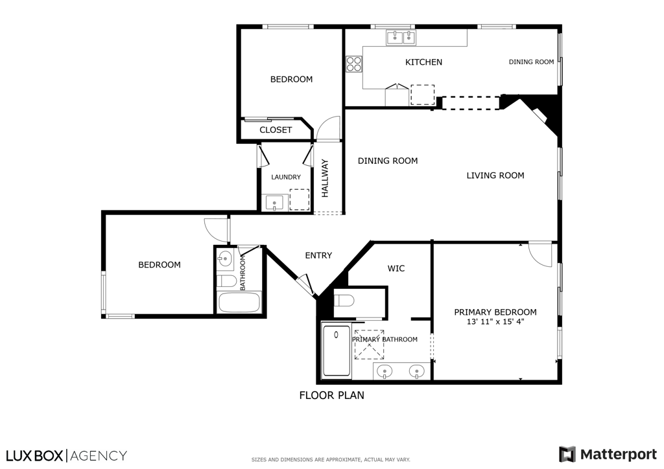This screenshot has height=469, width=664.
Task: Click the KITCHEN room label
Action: (423, 62)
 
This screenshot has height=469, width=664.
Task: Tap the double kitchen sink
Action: (401, 38)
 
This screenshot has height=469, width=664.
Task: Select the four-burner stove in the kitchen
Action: (354, 63)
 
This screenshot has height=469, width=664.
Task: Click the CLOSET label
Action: (276, 130)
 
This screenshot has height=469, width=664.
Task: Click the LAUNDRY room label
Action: (286, 177)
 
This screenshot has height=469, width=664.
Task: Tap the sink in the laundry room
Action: (276, 203)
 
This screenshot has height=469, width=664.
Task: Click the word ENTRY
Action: (318, 256)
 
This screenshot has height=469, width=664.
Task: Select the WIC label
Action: (396, 268)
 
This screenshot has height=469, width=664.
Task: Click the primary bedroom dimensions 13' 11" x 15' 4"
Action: (495, 322)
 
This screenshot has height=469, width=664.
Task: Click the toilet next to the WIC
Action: (344, 300)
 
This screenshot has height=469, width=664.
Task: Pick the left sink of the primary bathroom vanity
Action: (385, 372)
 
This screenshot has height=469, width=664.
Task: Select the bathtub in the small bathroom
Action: (239, 303)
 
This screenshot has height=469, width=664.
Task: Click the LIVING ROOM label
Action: (495, 176)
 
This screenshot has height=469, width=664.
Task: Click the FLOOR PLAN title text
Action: (331, 395)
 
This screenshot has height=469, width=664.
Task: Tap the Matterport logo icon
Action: (567, 454)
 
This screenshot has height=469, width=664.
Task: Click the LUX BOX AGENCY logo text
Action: (66, 455)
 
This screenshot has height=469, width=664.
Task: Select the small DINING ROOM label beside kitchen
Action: (531, 62)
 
